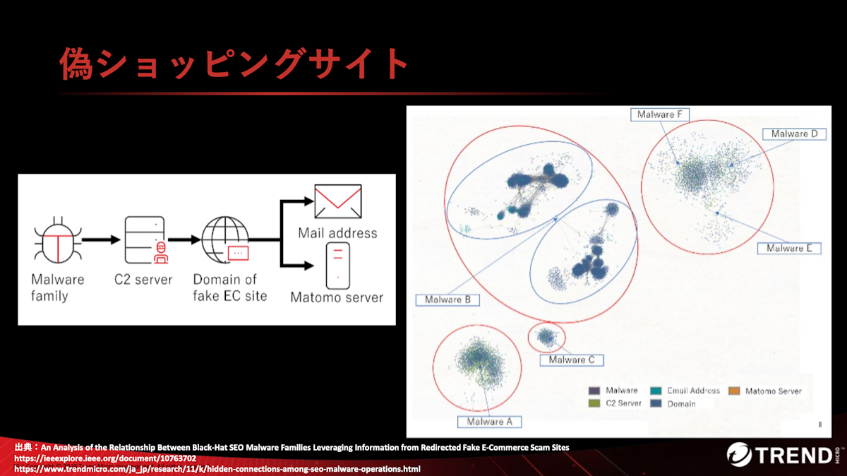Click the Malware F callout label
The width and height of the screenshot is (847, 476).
click(660, 114)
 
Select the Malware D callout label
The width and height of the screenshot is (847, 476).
click(794, 134)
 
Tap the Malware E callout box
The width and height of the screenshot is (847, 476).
click(789, 248)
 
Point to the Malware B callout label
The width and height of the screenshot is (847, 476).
click(447, 299)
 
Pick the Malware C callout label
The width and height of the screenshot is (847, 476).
click(572, 360)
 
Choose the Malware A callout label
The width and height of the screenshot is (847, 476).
click(490, 422)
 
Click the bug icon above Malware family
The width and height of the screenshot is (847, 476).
click(58, 240)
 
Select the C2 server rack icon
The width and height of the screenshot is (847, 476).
click(146, 240)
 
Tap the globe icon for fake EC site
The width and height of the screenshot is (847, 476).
click(225, 240)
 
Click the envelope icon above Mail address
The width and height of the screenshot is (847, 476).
click(338, 201)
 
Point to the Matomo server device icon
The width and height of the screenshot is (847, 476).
click(338, 266)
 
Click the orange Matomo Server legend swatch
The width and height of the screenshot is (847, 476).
click(734, 391)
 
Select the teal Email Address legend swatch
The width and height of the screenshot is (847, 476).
click(656, 391)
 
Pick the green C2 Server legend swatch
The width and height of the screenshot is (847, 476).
click(594, 403)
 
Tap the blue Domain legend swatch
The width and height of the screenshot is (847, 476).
click(656, 403)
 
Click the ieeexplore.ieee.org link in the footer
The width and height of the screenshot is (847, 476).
click(105, 458)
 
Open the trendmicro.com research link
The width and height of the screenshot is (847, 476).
click(217, 469)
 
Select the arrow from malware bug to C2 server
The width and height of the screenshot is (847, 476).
click(101, 239)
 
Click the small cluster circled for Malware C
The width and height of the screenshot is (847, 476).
click(546, 336)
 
